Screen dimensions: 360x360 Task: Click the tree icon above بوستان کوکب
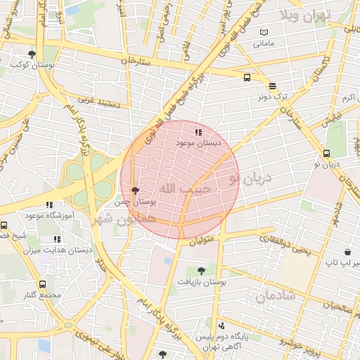pos(32,54)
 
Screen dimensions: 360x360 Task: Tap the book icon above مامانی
pos(263,32)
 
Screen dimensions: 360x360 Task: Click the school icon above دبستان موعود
pos(198,131)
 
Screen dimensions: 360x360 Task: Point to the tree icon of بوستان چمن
pos(135,190)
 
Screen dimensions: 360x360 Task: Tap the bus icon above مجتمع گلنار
pos(42,285)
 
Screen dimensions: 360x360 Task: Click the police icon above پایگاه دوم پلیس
pos(221,326)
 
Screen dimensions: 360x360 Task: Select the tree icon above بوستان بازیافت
pos(202,270)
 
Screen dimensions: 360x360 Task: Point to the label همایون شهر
pos(112,219)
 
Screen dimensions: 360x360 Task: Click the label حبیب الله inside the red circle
pos(186,188)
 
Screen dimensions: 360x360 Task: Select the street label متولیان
pos(200,240)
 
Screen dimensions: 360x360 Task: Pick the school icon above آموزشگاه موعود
pos(49,205)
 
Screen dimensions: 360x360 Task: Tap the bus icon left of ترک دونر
pos(247,78)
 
